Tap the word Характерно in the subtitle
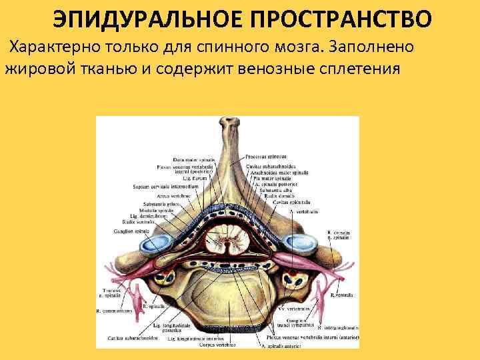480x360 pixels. (64, 47)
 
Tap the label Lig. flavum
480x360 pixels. (199, 179)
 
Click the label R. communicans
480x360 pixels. (115, 311)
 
